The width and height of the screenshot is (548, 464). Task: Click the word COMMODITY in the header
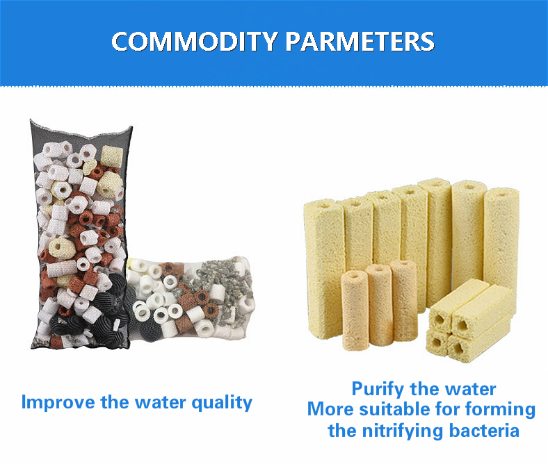(x=195, y=42)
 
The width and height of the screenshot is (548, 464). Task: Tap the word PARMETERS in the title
(x=360, y=42)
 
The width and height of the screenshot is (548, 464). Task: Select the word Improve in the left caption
(x=58, y=403)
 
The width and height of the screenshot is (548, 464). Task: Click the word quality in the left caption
(x=222, y=404)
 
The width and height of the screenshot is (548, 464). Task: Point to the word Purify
(x=378, y=390)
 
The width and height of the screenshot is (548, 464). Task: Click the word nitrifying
(x=403, y=431)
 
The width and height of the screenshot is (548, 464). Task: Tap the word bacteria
(x=485, y=431)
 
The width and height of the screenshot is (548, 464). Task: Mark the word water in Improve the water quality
(x=161, y=403)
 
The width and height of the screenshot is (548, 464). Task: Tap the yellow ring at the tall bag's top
(x=112, y=156)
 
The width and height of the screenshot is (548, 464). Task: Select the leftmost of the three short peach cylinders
(x=355, y=310)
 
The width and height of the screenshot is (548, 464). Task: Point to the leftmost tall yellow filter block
(x=324, y=269)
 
